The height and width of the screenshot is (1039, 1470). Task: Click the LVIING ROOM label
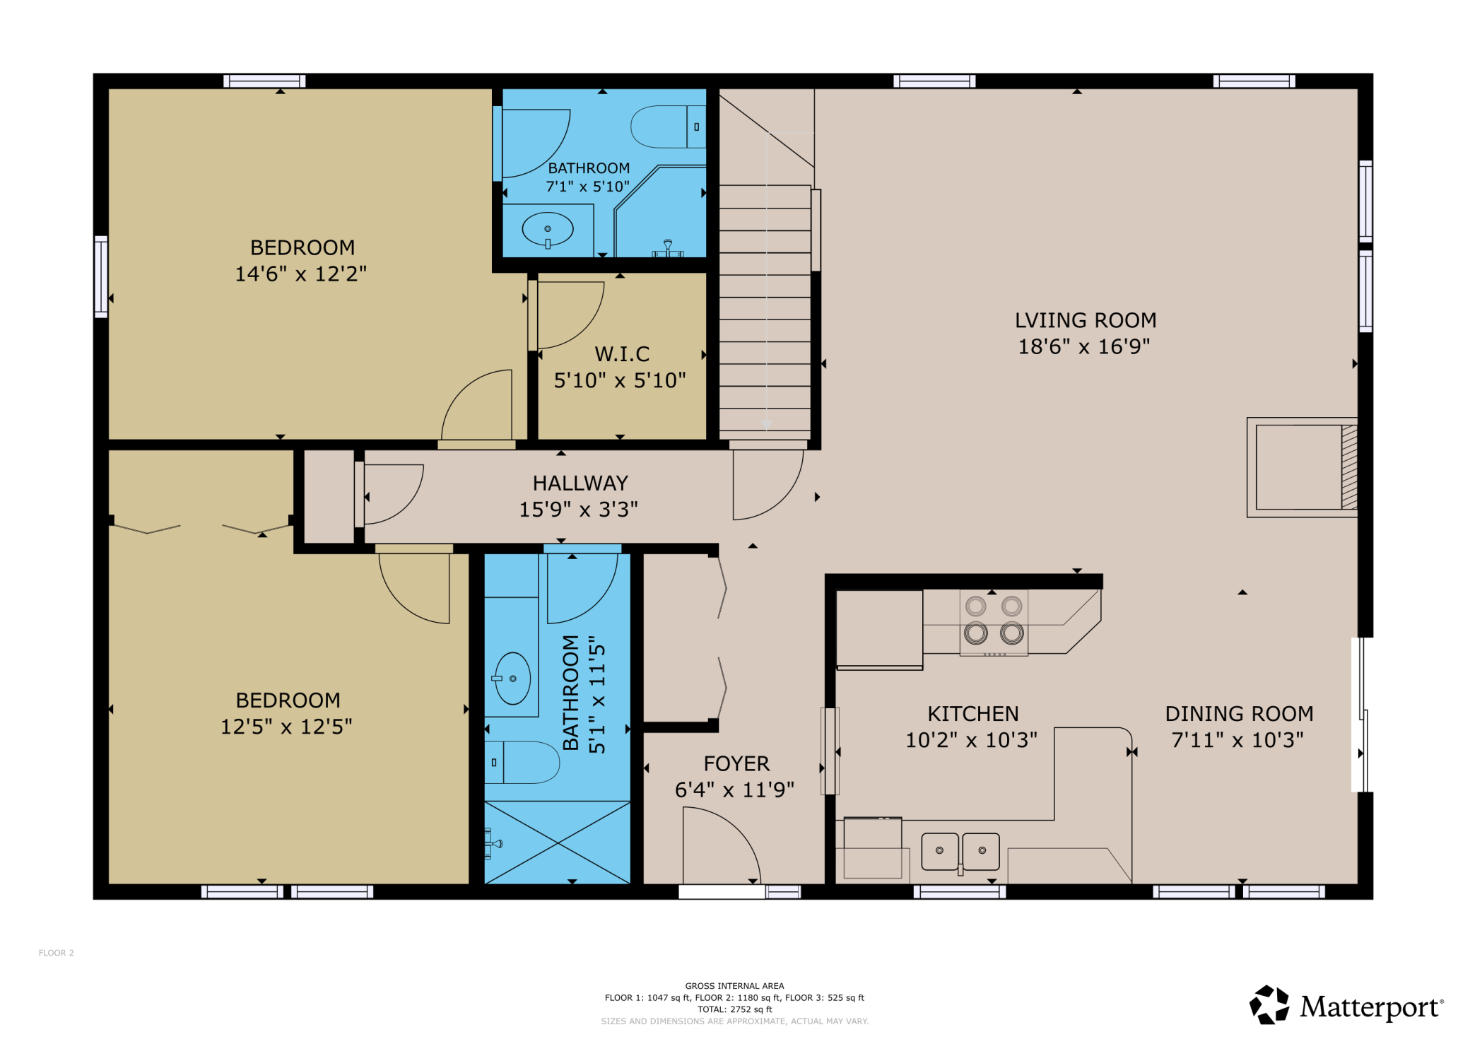coord(1086,320)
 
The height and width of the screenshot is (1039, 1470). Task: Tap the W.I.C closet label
coord(622,353)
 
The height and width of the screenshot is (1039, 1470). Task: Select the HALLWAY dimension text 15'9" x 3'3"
coord(578,509)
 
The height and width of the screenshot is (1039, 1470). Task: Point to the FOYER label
coord(736,763)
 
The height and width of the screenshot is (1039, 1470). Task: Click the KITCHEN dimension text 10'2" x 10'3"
coord(972,740)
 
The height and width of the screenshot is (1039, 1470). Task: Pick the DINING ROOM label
coord(1239,714)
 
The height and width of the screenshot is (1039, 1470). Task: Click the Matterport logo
coord(1347,1005)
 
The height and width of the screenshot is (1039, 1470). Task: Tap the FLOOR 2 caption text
coord(57,953)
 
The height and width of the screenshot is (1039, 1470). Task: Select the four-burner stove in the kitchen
coord(994,623)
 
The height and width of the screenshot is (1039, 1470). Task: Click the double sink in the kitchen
coord(960,852)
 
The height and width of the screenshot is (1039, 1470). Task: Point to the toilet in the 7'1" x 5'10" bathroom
coord(669,127)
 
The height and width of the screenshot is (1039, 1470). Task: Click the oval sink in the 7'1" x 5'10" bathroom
coord(548,229)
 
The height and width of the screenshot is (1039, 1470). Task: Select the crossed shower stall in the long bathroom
coord(558,843)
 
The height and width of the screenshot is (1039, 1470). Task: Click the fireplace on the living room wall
coord(1303,467)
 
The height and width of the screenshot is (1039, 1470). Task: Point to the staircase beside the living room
coord(765,308)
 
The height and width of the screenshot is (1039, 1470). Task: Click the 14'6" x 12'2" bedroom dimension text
coord(301,274)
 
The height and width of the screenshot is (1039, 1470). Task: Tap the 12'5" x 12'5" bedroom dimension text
coord(286,727)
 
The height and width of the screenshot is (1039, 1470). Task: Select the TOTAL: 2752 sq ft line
coord(735,1009)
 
